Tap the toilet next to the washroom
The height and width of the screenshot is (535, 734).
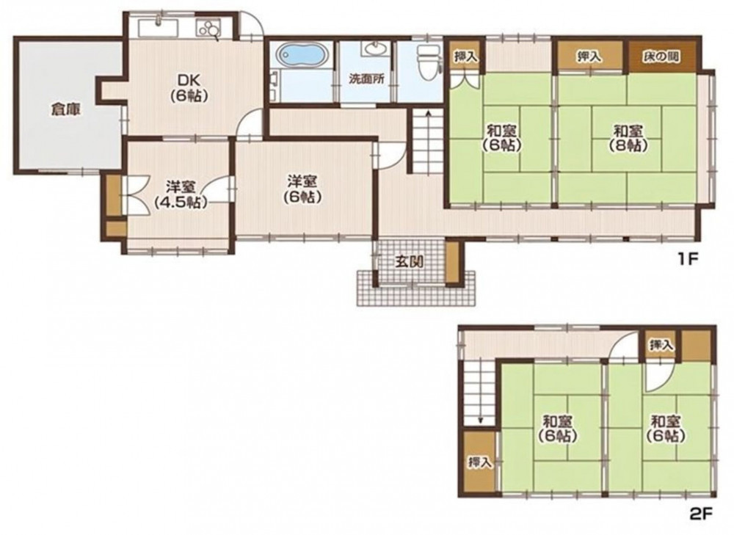click(429, 62)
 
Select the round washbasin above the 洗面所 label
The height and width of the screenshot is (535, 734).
click(374, 48)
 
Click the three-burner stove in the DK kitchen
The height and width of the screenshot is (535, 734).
click(208, 29)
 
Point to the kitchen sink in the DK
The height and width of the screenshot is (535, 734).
click(158, 27)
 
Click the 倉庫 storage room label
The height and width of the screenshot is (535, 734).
click(65, 110)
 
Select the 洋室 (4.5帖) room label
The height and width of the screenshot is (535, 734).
click(181, 194)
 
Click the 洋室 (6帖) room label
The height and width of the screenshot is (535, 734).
click(302, 189)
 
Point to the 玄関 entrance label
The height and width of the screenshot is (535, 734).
click(409, 261)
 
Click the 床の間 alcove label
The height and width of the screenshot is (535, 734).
click(661, 57)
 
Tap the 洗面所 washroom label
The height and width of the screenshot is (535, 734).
click(366, 79)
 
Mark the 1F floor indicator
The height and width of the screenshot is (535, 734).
click(688, 259)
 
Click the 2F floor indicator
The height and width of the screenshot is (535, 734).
click(701, 514)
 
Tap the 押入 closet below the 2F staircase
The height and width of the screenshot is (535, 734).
click(479, 462)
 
